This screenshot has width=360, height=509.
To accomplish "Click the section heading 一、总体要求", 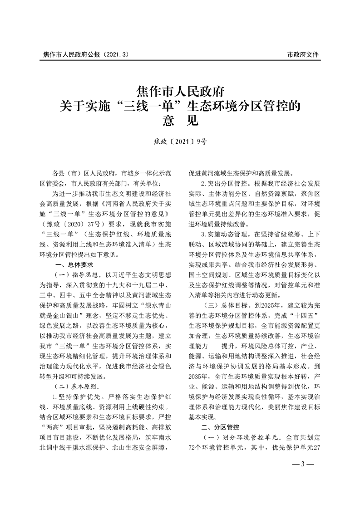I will (x=74, y=264).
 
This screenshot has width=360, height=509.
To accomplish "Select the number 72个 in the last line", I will (x=194, y=449).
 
